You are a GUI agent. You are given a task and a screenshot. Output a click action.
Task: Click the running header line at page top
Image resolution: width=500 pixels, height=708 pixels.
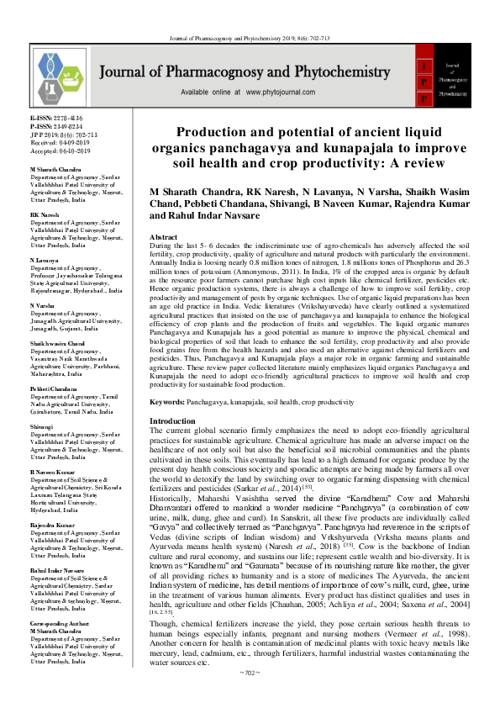pos(250,13)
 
